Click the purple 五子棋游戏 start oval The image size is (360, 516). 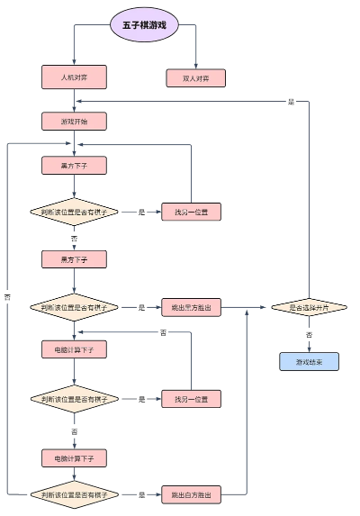point(145,25)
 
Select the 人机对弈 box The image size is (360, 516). point(75,77)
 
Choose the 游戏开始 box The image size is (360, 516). point(75,121)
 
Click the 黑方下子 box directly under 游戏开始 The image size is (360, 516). point(75,165)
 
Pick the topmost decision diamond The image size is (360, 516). point(75,213)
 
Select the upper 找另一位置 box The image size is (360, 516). point(191,213)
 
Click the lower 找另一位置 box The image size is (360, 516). point(191,399)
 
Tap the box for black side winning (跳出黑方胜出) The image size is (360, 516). point(191,307)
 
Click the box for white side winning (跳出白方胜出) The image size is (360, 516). point(191,494)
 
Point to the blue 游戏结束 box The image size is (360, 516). point(308,362)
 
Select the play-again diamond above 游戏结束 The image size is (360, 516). point(308,307)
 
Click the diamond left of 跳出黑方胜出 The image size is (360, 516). point(75,307)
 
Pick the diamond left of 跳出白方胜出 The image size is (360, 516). point(75,494)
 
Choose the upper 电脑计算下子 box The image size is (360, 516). point(75,349)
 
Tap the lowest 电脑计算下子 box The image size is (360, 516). point(75,458)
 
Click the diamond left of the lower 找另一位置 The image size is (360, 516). point(75,399)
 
